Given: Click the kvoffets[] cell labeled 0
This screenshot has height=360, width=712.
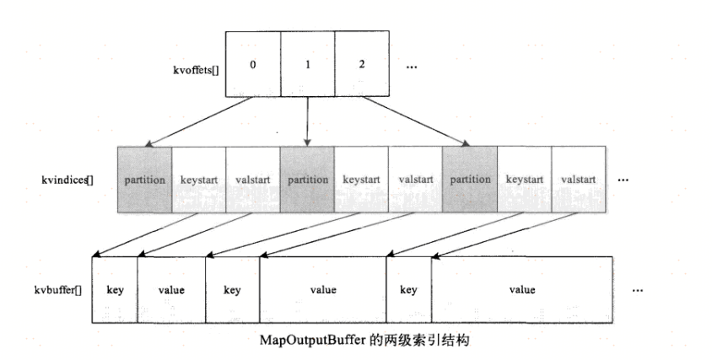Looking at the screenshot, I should coord(253,63).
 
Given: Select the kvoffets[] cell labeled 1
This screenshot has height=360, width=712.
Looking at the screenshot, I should coord(307,63).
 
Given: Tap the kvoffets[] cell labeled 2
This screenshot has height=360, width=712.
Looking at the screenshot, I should coord(361,63).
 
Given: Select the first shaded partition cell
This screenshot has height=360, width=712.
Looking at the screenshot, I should coord(144,180).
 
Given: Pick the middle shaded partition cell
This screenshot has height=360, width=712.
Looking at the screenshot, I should coord(307,180).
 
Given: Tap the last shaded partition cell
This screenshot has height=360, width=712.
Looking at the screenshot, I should coord(470,180).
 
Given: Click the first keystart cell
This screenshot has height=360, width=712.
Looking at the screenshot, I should coord(199,180).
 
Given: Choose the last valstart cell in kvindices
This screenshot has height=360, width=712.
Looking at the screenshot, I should coord(579,180).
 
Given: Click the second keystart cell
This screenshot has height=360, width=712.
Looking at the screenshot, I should coord(361,180).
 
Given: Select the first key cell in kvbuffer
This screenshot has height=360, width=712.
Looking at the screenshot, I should coord(115,289).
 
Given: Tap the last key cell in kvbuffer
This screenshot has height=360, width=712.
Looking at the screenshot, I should coord(408,289).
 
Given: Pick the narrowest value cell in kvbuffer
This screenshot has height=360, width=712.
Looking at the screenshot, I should coord(171,289).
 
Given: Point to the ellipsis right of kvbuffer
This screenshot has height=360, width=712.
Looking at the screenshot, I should coord(637,289).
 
